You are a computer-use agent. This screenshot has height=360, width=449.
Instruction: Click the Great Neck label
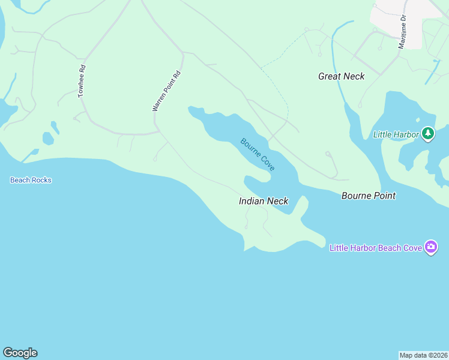pos(341,76)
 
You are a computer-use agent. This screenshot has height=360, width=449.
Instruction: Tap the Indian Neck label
pos(264,201)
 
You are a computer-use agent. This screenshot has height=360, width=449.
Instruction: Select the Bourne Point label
pos(369,196)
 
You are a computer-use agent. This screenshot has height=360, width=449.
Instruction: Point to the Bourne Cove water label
pos(258,154)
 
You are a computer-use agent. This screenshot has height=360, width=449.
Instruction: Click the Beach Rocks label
pos(31,180)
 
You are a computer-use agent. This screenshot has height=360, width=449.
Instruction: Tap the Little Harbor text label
pos(396,134)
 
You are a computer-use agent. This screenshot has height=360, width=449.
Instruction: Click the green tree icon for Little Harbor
pos(427,133)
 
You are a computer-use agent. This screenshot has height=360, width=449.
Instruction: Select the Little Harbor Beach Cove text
pos(375,247)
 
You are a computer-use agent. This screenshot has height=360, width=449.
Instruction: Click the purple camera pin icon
pos(430,247)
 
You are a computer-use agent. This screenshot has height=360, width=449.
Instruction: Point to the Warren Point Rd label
pos(166,92)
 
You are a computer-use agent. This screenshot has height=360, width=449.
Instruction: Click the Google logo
pos(20,353)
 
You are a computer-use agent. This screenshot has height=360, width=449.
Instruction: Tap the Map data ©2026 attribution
pos(424,355)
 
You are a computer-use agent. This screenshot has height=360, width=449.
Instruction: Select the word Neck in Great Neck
pos(354,76)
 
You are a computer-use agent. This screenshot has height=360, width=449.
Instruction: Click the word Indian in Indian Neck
pos(252,201)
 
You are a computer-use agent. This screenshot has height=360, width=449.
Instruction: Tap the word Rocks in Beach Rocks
pos(41,180)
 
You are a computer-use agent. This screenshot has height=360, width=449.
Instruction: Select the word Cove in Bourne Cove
pos(267,163)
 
